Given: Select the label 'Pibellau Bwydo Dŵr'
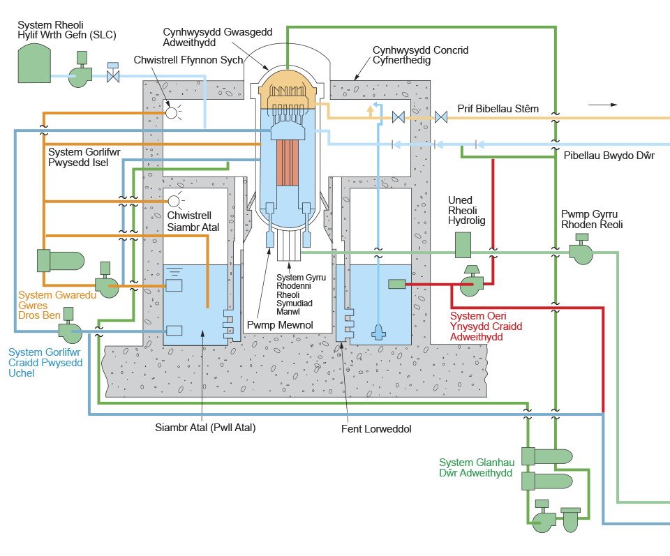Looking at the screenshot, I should (609, 156).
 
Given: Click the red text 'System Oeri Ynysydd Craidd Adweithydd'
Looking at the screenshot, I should (486, 326).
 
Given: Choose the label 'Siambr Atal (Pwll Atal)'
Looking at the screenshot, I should (205, 428).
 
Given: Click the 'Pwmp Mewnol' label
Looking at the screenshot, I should (279, 325).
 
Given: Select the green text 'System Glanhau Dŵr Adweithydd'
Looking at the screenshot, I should (477, 467).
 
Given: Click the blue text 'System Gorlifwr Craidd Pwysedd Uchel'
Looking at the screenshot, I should (45, 363).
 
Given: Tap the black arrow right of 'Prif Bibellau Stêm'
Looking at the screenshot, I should (603, 105).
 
